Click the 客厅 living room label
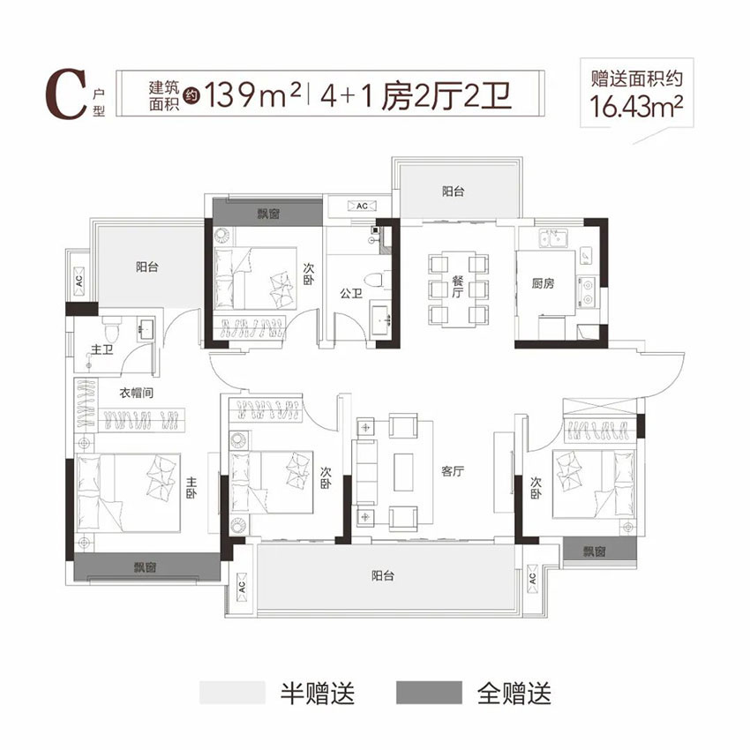tap(453, 471)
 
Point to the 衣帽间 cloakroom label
tap(138, 394)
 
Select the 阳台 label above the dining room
tap(453, 191)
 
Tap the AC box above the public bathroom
tap(361, 206)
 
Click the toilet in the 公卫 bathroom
tap(378, 279)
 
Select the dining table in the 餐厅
tap(457, 289)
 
